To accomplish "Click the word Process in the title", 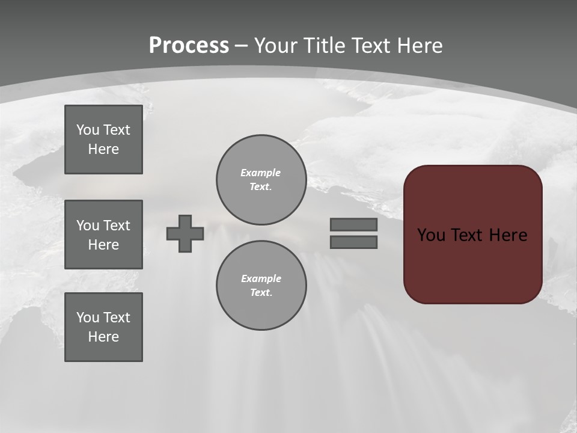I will click(x=189, y=46).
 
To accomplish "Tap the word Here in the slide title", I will click(x=418, y=46).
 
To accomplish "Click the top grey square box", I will click(x=103, y=140).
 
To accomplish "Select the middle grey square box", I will click(x=103, y=235).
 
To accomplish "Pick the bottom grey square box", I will click(x=103, y=327).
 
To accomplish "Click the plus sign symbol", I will click(x=185, y=233).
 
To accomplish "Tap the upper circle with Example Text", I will click(x=261, y=179).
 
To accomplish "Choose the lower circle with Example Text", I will click(x=261, y=285).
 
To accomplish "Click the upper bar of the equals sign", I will click(x=353, y=224).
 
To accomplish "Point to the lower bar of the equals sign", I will click(x=353, y=242).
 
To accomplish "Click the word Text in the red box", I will click(x=466, y=235).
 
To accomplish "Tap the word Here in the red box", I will click(x=508, y=235).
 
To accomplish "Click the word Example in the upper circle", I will click(x=260, y=173).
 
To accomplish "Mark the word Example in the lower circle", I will click(x=261, y=278).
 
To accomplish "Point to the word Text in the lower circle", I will click(x=261, y=292).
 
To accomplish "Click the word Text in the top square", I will click(x=116, y=130).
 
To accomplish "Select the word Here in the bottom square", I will click(x=103, y=337).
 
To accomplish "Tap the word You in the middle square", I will click(x=88, y=226).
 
